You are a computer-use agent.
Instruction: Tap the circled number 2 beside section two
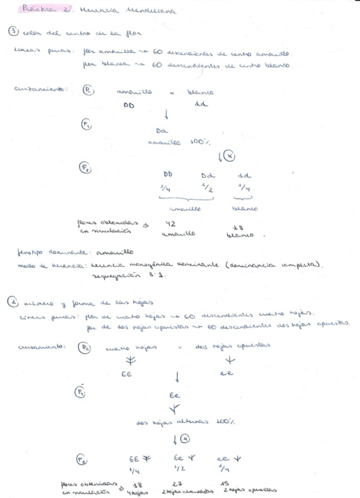(12, 302)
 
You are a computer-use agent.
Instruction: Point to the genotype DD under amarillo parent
(129, 106)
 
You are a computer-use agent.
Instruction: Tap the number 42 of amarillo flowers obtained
(169, 223)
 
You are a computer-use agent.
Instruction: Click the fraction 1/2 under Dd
(207, 187)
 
